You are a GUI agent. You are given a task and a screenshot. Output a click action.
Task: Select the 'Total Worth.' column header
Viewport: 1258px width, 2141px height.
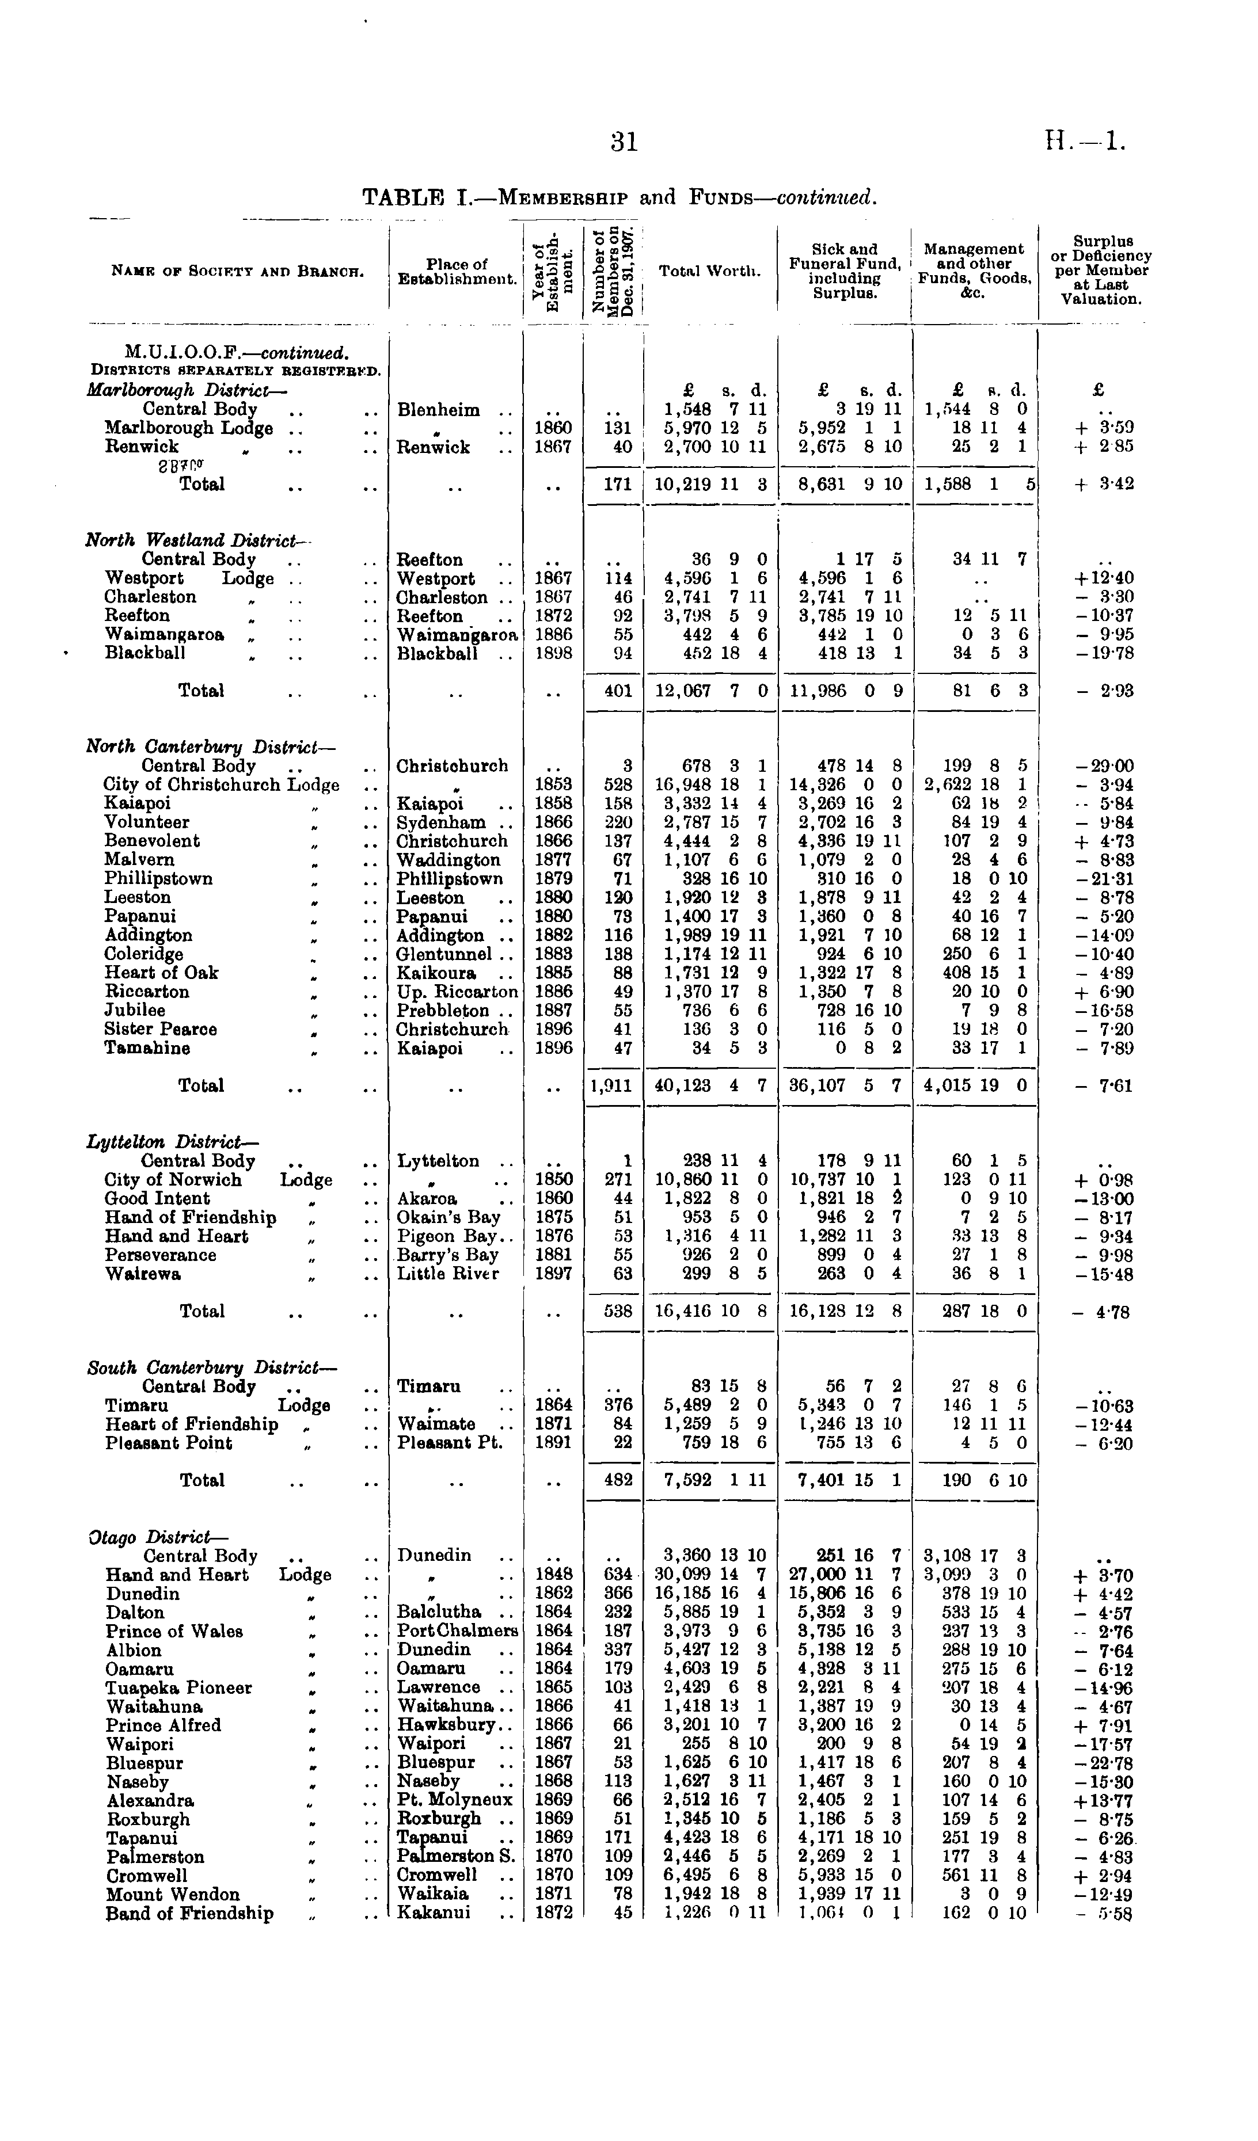tap(709, 271)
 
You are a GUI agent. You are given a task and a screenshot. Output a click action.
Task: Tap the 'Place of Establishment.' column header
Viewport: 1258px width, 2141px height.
tap(457, 271)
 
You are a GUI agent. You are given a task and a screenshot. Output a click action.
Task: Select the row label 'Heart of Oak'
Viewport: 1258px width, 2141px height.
tap(162, 973)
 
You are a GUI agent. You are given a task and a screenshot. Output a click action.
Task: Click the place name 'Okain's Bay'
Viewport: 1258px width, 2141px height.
tap(449, 1217)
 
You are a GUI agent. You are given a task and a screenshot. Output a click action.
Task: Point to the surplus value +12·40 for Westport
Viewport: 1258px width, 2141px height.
tap(1103, 578)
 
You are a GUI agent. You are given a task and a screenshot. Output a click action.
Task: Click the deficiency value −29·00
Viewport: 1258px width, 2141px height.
tap(1103, 765)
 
